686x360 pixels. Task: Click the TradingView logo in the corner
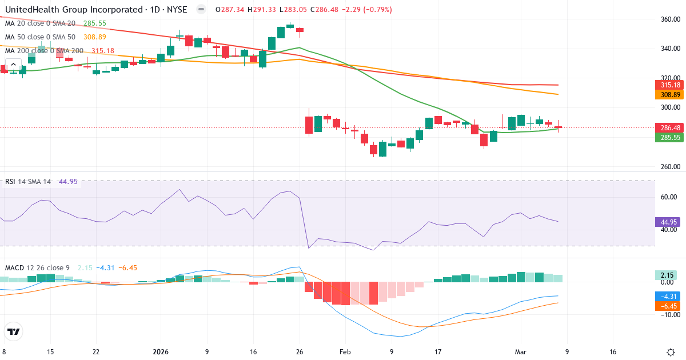tap(13, 331)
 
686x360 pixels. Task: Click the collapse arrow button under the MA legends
tap(13, 65)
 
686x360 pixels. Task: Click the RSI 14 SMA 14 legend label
tap(28, 182)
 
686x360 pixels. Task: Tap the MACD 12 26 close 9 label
tap(37, 267)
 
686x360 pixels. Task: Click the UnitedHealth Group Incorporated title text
tap(74, 10)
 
